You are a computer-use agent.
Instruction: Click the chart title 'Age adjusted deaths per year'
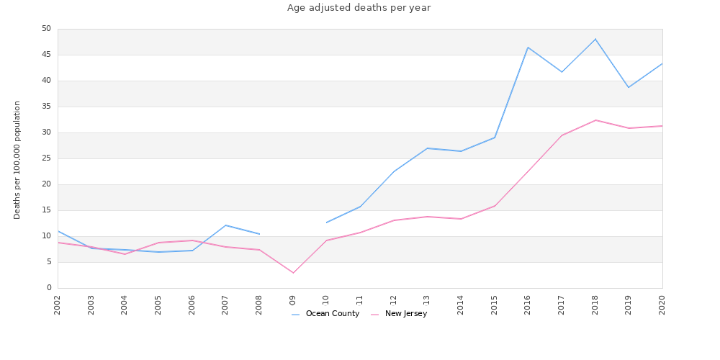coord(359,8)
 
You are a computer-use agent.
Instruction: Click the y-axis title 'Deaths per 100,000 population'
coord(17,160)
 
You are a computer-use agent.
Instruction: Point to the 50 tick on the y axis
coord(46,29)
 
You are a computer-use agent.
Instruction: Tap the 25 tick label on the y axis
coord(46,158)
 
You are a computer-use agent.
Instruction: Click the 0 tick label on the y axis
coord(49,288)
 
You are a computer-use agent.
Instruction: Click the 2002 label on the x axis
coord(58,304)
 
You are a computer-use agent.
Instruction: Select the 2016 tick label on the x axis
coord(528,304)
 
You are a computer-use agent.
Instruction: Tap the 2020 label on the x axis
coord(662,304)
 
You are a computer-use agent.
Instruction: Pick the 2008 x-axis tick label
coord(259,304)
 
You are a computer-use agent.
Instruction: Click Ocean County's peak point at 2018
coord(595,39)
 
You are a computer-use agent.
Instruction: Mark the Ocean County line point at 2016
coord(528,48)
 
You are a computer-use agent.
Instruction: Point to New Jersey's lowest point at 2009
coord(293,273)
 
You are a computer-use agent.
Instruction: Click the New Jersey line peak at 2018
coord(595,120)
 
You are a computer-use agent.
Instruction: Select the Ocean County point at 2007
coord(225,225)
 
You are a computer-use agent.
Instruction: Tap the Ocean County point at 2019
coord(629,87)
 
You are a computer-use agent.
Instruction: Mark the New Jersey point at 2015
coord(495,206)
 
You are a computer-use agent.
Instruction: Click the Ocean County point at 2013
coord(427,148)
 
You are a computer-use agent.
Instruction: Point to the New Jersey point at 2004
coord(125,254)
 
